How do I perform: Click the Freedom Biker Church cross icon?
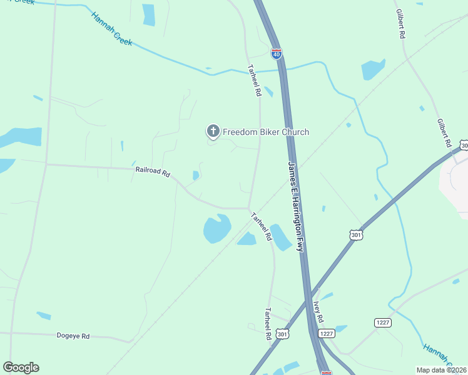[x=213, y=131]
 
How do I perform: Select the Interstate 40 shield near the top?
[x=276, y=54]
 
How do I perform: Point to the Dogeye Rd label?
[x=73, y=336]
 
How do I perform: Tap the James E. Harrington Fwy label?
[x=296, y=206]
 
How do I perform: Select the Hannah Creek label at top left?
[x=112, y=28]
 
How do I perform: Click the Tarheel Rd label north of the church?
[x=253, y=81]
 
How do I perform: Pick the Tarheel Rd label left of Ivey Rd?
[x=268, y=324]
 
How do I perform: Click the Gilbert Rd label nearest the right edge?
[x=444, y=132]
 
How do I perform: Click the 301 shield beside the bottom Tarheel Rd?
[x=283, y=334]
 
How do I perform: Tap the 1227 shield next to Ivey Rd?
[x=327, y=334]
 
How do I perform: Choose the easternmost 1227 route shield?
[x=383, y=322]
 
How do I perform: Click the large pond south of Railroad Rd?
[x=216, y=229]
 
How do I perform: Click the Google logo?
[x=21, y=367]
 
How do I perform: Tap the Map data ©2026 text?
[x=441, y=370]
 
